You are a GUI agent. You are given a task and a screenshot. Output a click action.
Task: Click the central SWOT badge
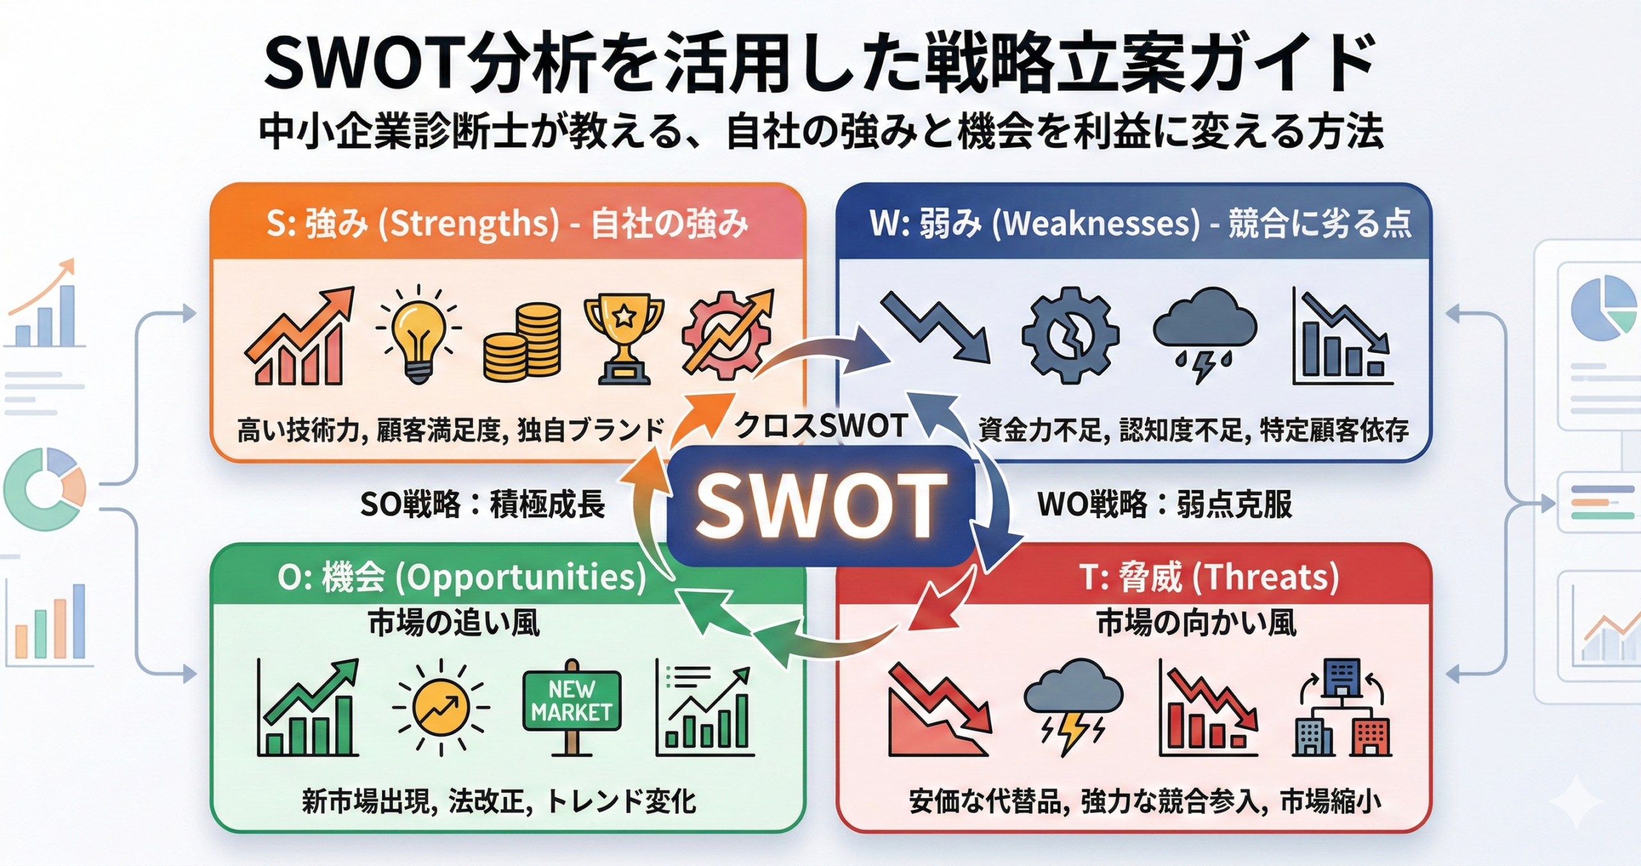[x=820, y=506]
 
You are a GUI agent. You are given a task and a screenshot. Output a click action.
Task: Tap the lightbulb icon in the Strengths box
[x=418, y=335]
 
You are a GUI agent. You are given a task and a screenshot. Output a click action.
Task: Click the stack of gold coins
[x=522, y=343]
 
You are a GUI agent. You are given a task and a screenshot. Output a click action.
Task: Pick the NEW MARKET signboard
[x=572, y=701]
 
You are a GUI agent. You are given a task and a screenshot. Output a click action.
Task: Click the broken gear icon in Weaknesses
[x=1070, y=335]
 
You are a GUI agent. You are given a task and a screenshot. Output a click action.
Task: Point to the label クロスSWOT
[x=820, y=425]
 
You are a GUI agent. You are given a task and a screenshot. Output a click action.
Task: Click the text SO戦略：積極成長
[x=482, y=505]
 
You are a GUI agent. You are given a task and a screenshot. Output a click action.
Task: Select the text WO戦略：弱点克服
[x=1164, y=505]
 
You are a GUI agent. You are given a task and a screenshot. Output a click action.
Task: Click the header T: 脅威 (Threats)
[x=1209, y=577]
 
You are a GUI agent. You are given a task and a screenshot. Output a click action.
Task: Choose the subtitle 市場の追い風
[x=454, y=623]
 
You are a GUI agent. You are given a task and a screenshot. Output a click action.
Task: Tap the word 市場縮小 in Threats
[x=1331, y=802]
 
